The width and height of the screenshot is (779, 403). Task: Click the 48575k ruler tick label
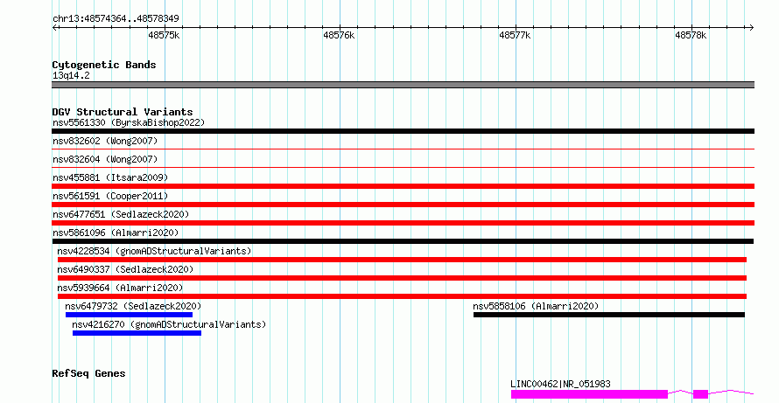tap(164, 35)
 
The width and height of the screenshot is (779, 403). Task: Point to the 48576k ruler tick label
tap(339, 35)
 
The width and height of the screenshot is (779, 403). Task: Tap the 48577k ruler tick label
tap(515, 35)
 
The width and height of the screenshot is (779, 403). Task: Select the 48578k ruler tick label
tap(691, 35)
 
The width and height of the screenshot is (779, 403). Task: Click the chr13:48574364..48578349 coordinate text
tap(116, 18)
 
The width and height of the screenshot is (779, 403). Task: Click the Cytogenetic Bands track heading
tap(104, 65)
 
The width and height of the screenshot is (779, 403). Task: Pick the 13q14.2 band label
tap(71, 75)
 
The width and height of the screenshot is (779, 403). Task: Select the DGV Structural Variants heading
tap(123, 112)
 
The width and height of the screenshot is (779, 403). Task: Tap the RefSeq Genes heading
tap(88, 373)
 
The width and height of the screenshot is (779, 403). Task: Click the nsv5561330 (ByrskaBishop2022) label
tap(129, 122)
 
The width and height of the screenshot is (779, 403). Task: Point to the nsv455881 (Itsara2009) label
tap(110, 177)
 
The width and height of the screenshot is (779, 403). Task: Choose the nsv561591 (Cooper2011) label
tap(110, 196)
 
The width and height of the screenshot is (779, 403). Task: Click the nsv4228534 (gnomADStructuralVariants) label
tap(154, 251)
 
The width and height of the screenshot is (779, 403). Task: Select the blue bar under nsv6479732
tap(129, 315)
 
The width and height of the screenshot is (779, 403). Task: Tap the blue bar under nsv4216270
tap(137, 333)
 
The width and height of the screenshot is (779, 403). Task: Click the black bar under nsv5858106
tap(609, 315)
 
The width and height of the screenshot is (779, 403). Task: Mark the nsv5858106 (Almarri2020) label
tap(536, 306)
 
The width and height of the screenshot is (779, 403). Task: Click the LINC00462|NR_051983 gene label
tap(560, 384)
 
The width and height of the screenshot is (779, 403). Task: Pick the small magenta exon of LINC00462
tap(700, 394)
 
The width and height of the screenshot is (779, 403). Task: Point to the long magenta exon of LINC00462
tap(589, 394)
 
